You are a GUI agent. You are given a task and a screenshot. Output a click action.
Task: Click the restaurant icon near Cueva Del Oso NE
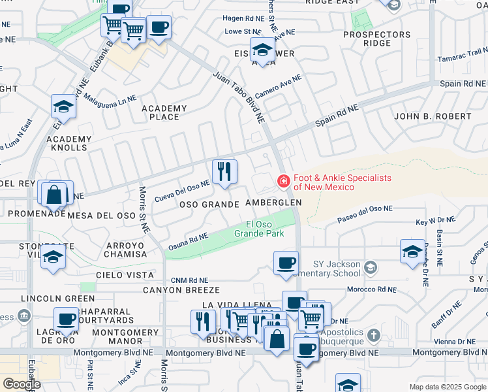(224, 172)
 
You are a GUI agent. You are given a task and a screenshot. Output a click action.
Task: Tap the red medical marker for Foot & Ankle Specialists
(284, 181)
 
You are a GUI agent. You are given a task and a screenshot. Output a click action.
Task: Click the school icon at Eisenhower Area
(262, 50)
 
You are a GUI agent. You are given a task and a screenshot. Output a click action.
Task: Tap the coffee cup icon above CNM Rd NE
(285, 263)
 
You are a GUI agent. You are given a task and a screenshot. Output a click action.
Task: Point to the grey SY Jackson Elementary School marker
(371, 267)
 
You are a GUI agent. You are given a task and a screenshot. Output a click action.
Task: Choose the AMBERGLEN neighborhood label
(273, 203)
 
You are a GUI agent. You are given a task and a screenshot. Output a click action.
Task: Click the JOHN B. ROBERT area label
(433, 116)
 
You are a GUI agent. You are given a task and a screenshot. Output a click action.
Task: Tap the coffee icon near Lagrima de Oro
(66, 319)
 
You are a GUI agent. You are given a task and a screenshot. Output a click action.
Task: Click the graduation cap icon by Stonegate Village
(53, 257)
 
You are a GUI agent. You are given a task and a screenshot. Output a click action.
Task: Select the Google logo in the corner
(22, 384)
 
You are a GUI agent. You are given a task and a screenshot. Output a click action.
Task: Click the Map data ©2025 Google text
(447, 387)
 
